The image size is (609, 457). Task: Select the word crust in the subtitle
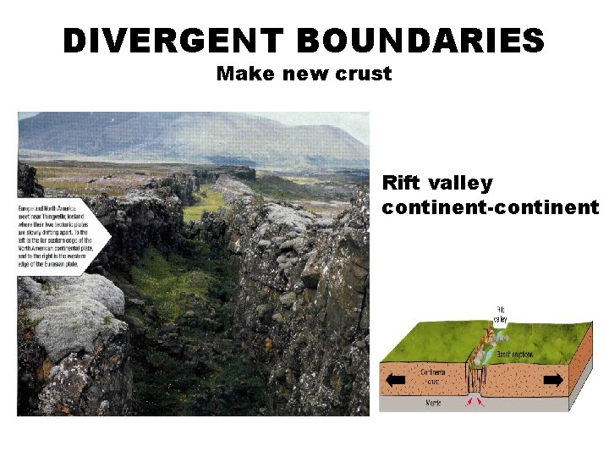366,74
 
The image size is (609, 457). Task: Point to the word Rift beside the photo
401,183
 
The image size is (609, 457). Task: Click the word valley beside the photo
461,183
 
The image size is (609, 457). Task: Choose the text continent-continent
491,207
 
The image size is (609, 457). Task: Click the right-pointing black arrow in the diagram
553,380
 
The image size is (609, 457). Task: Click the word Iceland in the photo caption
79,216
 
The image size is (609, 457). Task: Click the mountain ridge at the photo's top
195,131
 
